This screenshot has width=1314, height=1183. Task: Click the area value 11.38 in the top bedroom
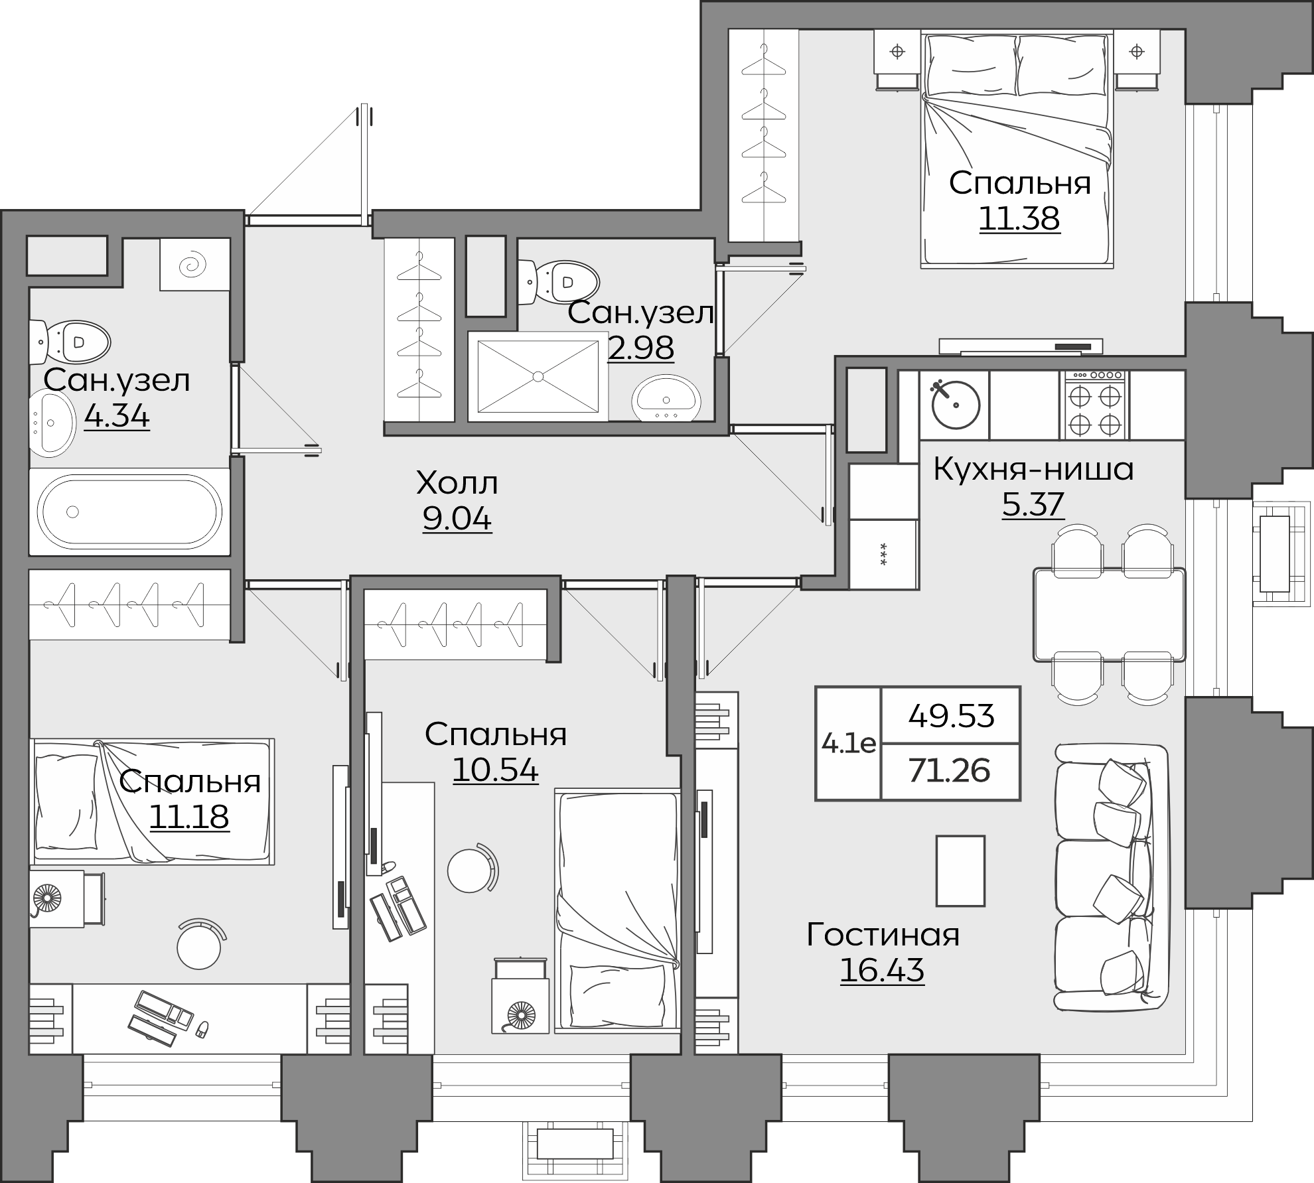[x=1019, y=218]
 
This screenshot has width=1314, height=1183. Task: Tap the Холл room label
[x=457, y=483]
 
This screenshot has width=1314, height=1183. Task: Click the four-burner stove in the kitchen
[x=1096, y=405]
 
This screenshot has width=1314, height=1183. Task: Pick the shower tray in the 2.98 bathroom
[x=538, y=377]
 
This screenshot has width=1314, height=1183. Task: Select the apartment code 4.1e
[x=848, y=743]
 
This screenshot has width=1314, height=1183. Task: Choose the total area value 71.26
[x=950, y=771]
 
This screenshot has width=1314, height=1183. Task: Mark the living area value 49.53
[x=951, y=716]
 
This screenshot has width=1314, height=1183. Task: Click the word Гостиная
[x=883, y=935]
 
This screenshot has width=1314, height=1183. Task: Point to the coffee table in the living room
[x=960, y=871]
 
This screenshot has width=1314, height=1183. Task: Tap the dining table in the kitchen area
[x=1109, y=614]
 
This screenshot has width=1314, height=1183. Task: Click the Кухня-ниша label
[x=1033, y=469]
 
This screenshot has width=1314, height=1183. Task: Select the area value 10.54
[x=495, y=769]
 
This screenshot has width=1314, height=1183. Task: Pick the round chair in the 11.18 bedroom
[x=199, y=945]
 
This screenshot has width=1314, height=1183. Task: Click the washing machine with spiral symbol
[x=194, y=264]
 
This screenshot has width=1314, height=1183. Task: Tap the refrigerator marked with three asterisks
[x=883, y=554]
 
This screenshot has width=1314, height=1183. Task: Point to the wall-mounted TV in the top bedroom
[x=1020, y=347]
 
